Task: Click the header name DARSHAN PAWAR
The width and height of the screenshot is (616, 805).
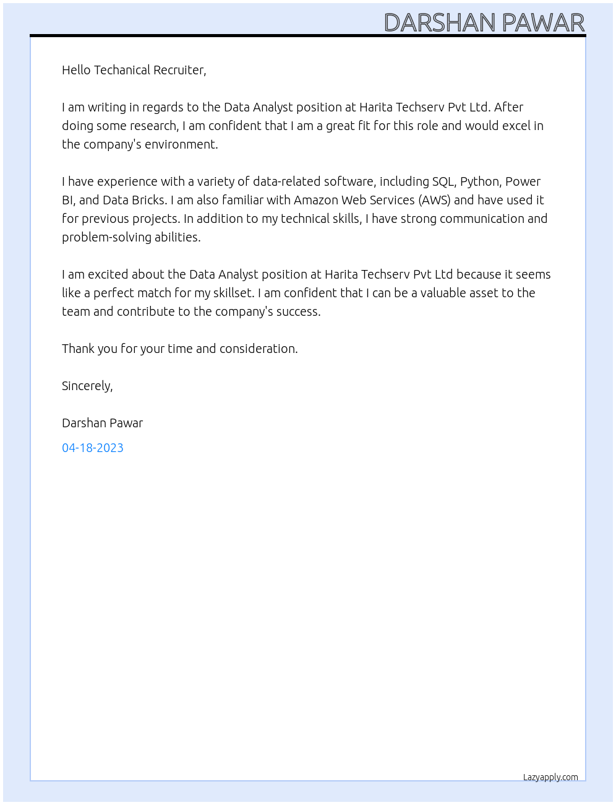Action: [x=484, y=23]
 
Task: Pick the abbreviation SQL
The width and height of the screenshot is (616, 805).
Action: [x=443, y=181]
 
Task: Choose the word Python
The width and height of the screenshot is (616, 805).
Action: [x=480, y=181]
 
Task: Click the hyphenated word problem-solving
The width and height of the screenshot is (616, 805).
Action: [x=105, y=237]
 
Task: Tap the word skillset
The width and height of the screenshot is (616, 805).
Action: [x=233, y=293]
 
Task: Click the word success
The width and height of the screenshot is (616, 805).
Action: [x=299, y=311]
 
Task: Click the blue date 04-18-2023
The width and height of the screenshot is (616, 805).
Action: [x=93, y=448]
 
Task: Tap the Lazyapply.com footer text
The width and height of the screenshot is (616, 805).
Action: [x=550, y=777]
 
